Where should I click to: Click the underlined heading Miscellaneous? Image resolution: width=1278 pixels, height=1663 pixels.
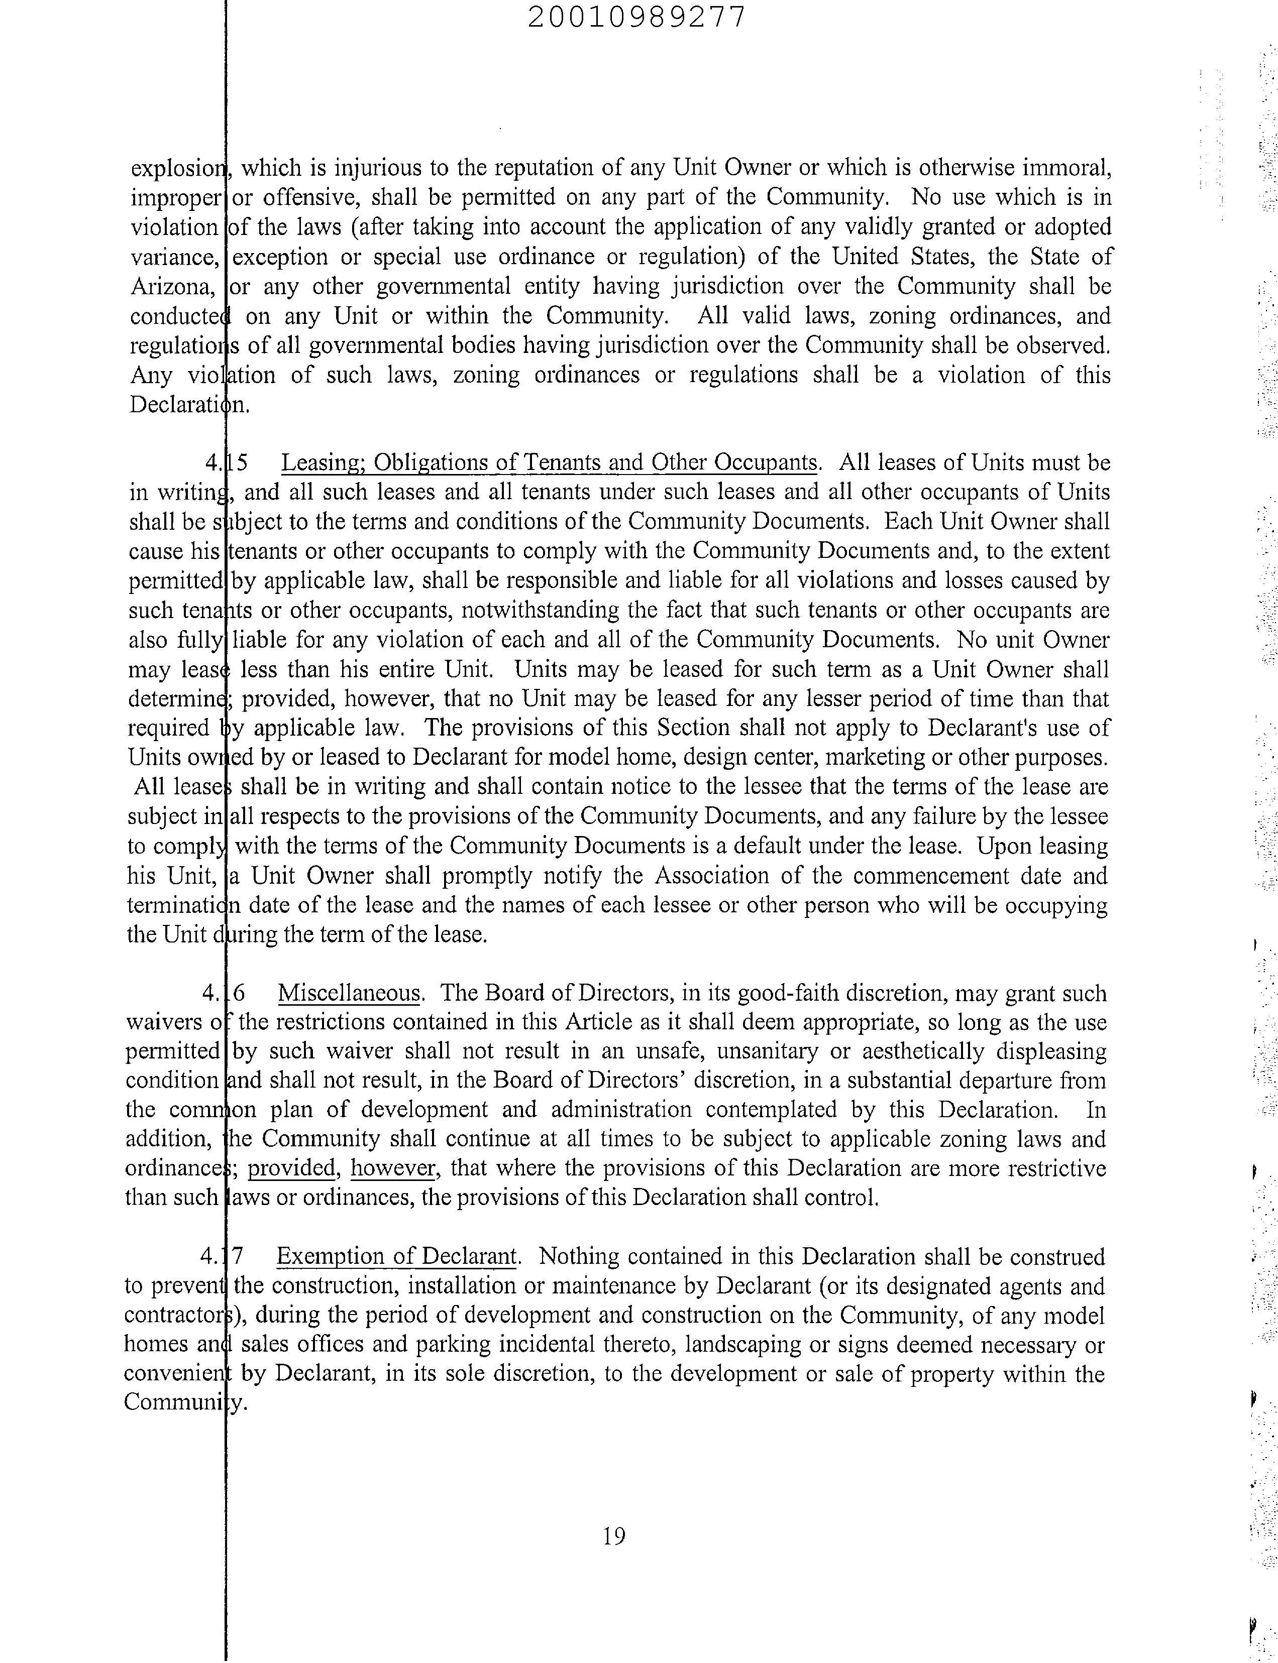349,993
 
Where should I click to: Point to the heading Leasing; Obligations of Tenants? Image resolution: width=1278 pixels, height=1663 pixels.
549,462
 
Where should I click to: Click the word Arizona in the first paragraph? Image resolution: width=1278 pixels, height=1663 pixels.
171,287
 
